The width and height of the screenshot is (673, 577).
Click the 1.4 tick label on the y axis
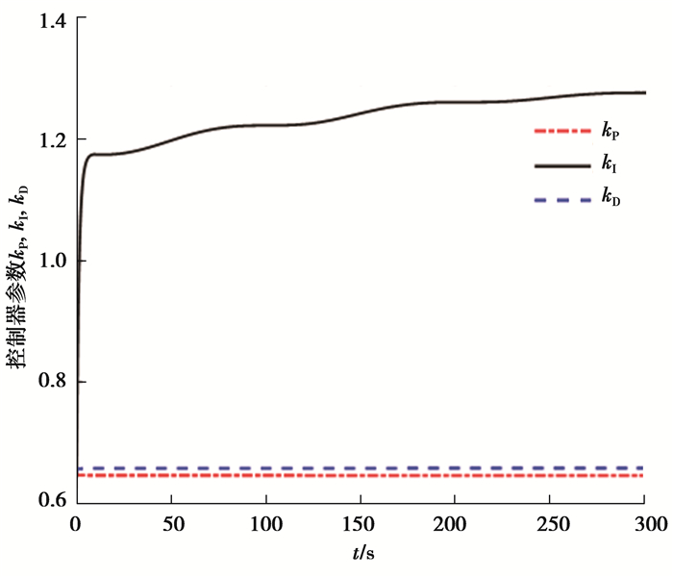tap(50, 19)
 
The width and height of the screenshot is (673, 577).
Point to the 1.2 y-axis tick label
tap(50, 140)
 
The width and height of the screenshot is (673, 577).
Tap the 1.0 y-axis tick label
tap(50, 262)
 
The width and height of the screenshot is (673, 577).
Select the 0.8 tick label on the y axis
tap(50, 383)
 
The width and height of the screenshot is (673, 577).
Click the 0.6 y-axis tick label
tap(50, 502)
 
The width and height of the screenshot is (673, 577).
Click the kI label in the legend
tap(610, 166)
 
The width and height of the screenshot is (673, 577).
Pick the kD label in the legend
tap(611, 200)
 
